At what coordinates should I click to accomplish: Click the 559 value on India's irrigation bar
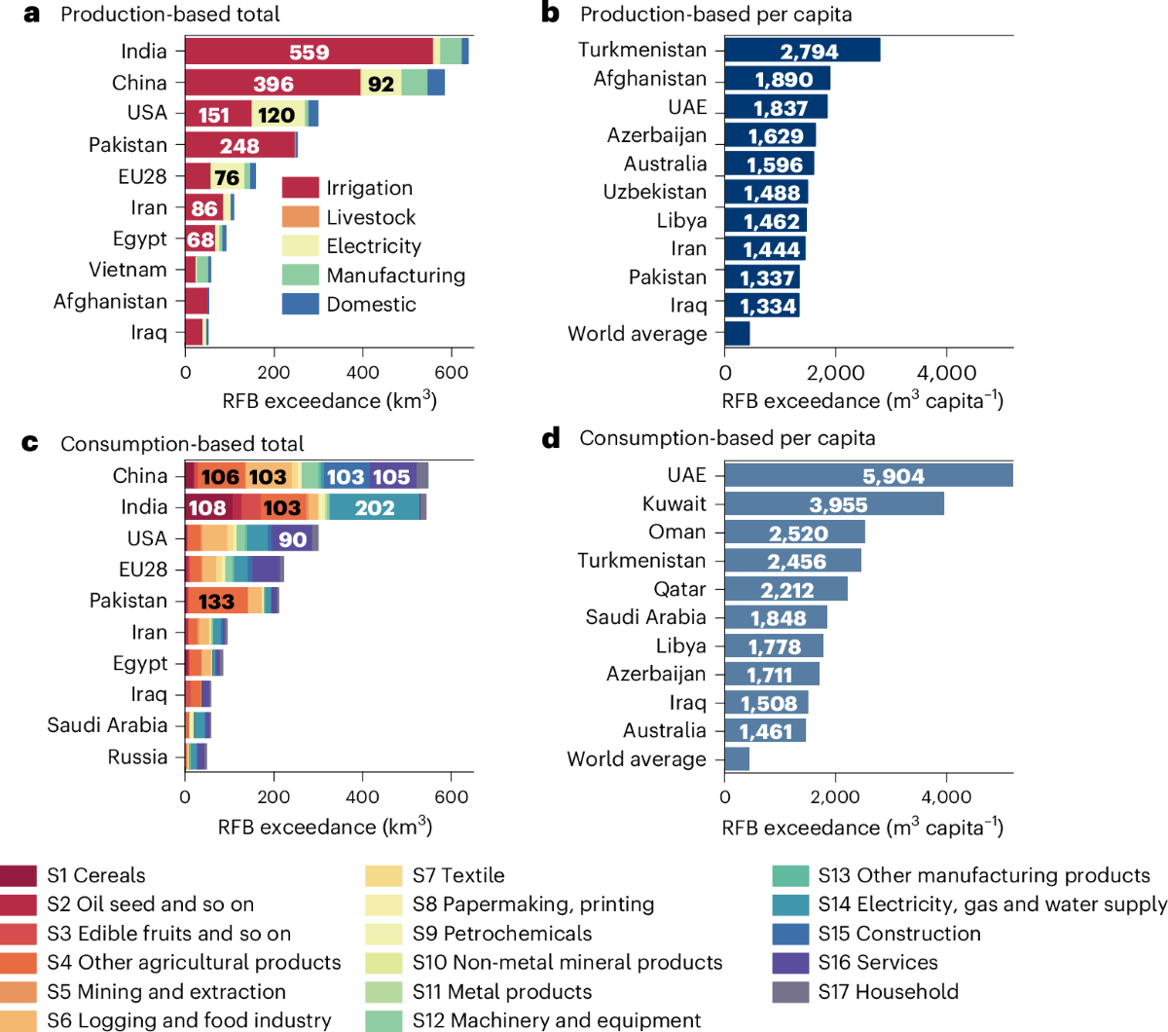tap(309, 53)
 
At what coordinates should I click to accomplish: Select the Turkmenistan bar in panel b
tap(802, 51)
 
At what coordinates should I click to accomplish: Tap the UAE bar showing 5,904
tap(868, 475)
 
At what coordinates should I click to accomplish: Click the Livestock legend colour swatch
tap(301, 217)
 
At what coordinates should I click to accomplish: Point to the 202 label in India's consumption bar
tap(375, 507)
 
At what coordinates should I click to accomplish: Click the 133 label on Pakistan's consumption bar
tap(216, 602)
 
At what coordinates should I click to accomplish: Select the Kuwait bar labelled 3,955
tap(834, 503)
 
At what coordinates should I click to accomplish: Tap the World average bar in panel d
tap(737, 759)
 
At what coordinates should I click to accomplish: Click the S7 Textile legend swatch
tap(383, 875)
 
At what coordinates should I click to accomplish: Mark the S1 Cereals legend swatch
tap(18, 875)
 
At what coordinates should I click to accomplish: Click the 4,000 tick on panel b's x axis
tap(946, 373)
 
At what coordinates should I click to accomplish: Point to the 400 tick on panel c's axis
tap(363, 796)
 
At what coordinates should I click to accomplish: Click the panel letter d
tap(551, 438)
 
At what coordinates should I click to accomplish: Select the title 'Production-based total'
tap(169, 15)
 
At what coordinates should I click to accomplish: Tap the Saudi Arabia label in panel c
tap(107, 725)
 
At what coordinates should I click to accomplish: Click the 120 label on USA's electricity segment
tap(276, 115)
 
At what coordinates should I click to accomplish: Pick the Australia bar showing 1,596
tap(769, 164)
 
